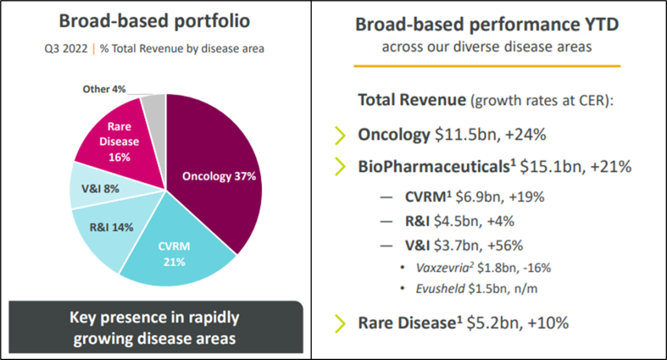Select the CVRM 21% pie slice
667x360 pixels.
coord(176,253)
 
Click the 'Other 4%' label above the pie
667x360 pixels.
coord(104,90)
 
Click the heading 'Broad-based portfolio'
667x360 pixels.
coord(154,21)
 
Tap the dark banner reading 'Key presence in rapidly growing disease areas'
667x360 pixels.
coord(154,328)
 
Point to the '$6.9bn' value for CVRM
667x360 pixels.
coord(472,198)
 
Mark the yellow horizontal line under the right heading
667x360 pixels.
coord(486,65)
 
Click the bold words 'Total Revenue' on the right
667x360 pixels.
coord(411,100)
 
